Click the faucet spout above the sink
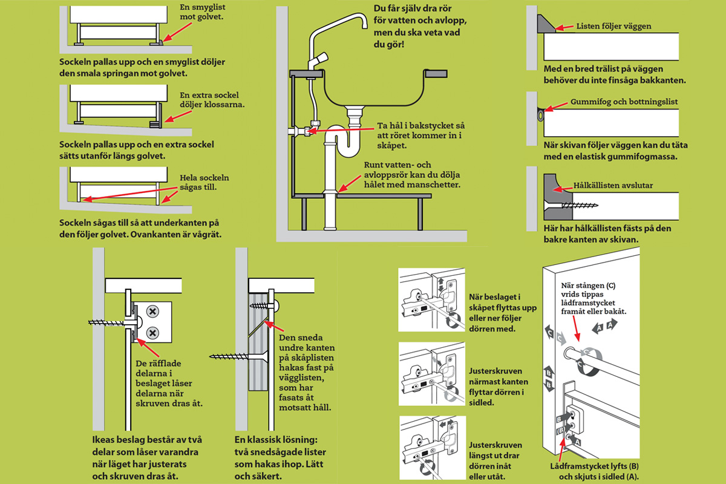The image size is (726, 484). [339, 18]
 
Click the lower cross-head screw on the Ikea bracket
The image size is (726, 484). [152, 332]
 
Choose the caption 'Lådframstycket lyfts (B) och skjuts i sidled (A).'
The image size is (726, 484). [592, 471]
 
